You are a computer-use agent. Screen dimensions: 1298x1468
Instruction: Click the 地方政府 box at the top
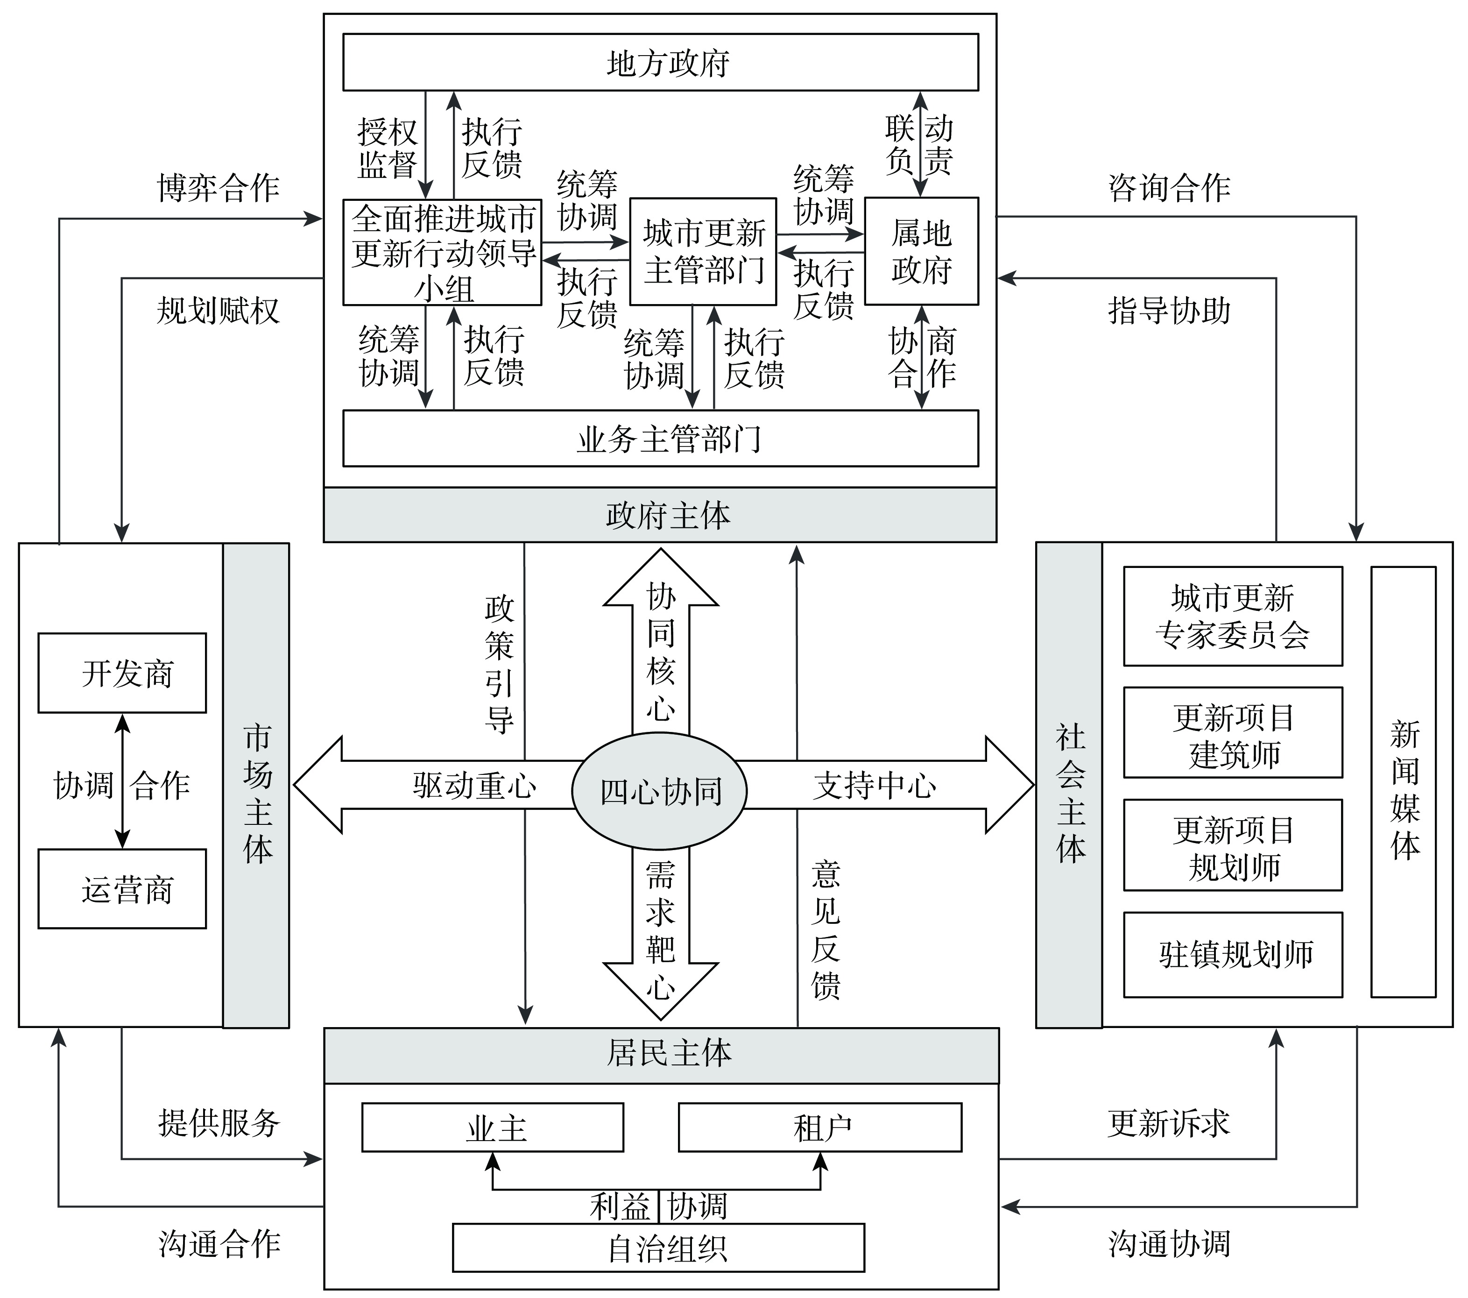click(x=660, y=63)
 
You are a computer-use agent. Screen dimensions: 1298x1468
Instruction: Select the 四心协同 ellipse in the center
click(x=659, y=791)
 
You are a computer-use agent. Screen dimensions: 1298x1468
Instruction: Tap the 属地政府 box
click(x=921, y=251)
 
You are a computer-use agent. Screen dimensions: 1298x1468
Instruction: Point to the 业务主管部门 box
click(x=660, y=438)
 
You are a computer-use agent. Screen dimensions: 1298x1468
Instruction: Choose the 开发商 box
click(x=122, y=673)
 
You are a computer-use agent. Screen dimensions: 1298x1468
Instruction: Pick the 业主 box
click(x=492, y=1128)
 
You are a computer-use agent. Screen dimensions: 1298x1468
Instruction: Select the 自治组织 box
click(x=658, y=1248)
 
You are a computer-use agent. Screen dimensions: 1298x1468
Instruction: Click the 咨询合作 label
click(x=1169, y=188)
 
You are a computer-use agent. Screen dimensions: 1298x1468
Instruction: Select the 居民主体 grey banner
click(x=661, y=1054)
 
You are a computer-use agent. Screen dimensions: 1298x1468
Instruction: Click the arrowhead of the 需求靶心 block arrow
click(x=661, y=995)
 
